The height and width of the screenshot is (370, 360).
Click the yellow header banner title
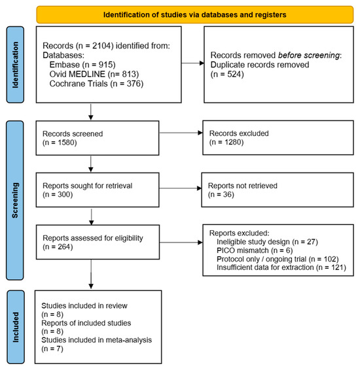click(194, 14)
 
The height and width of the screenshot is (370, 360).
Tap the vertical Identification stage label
click(15, 65)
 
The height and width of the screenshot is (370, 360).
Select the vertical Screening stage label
click(15, 200)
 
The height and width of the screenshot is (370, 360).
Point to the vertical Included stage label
click(15, 327)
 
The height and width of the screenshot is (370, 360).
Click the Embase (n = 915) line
click(82, 65)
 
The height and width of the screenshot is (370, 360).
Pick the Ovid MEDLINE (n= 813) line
click(94, 74)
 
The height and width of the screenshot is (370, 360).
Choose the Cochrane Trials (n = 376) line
click(96, 84)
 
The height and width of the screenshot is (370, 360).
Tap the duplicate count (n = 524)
click(227, 74)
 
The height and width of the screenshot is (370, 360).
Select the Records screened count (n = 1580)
click(60, 143)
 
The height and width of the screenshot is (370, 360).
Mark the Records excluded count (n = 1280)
click(226, 142)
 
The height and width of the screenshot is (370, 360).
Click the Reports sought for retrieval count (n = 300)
click(58, 194)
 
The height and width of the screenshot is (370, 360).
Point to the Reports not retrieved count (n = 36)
click(221, 194)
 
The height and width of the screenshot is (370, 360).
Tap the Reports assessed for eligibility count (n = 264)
click(58, 247)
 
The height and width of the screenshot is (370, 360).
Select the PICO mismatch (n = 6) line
click(255, 250)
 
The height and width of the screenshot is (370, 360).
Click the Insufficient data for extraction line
click(281, 267)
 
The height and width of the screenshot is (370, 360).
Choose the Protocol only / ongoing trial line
click(278, 259)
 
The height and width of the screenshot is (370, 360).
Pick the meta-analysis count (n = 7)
click(52, 348)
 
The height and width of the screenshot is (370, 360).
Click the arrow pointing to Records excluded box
click(181, 133)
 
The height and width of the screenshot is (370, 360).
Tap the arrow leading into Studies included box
click(91, 274)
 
